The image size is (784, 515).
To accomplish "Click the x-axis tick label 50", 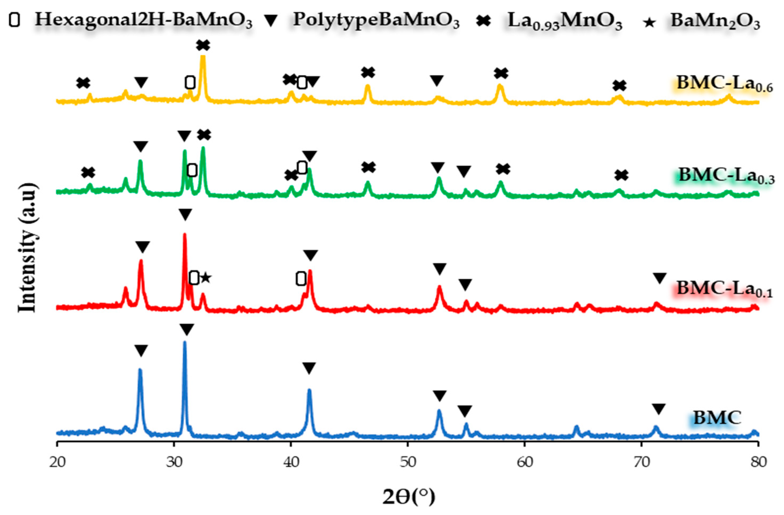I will click(408, 463).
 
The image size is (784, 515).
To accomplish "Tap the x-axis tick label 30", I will click(174, 463).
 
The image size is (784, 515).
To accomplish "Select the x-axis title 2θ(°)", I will click(408, 497).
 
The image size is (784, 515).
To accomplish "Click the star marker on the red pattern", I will click(206, 278).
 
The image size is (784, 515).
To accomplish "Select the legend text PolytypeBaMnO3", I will click(376, 20).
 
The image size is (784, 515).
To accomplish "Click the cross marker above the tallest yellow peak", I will click(203, 45).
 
